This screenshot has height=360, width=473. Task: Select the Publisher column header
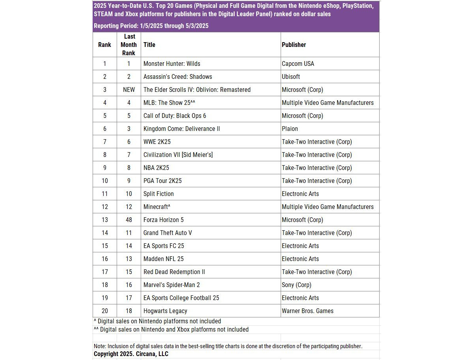(x=294, y=45)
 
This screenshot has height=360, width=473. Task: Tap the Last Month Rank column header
(x=129, y=45)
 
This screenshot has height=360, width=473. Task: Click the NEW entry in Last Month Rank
(x=129, y=90)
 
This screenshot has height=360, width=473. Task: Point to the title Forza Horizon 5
(x=164, y=220)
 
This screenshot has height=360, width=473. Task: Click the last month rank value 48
(x=129, y=220)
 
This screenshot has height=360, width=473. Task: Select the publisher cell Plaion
(x=290, y=129)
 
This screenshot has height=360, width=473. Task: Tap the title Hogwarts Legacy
(x=165, y=311)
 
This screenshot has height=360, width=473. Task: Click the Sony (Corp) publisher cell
(x=296, y=285)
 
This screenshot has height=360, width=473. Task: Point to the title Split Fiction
(x=158, y=194)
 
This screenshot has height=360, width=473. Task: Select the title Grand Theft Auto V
(x=168, y=233)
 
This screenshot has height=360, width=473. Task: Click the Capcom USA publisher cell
(x=298, y=63)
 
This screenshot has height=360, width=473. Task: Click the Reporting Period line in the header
(x=151, y=26)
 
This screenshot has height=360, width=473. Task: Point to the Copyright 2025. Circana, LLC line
(x=131, y=354)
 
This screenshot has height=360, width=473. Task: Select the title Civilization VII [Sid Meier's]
(x=178, y=155)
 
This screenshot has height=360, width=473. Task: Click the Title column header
(x=149, y=45)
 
